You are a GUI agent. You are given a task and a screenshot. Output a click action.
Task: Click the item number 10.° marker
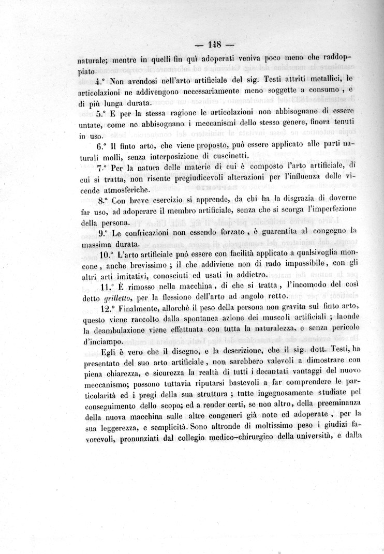[107, 254]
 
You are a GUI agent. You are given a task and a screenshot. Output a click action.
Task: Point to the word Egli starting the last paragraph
[111, 354]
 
